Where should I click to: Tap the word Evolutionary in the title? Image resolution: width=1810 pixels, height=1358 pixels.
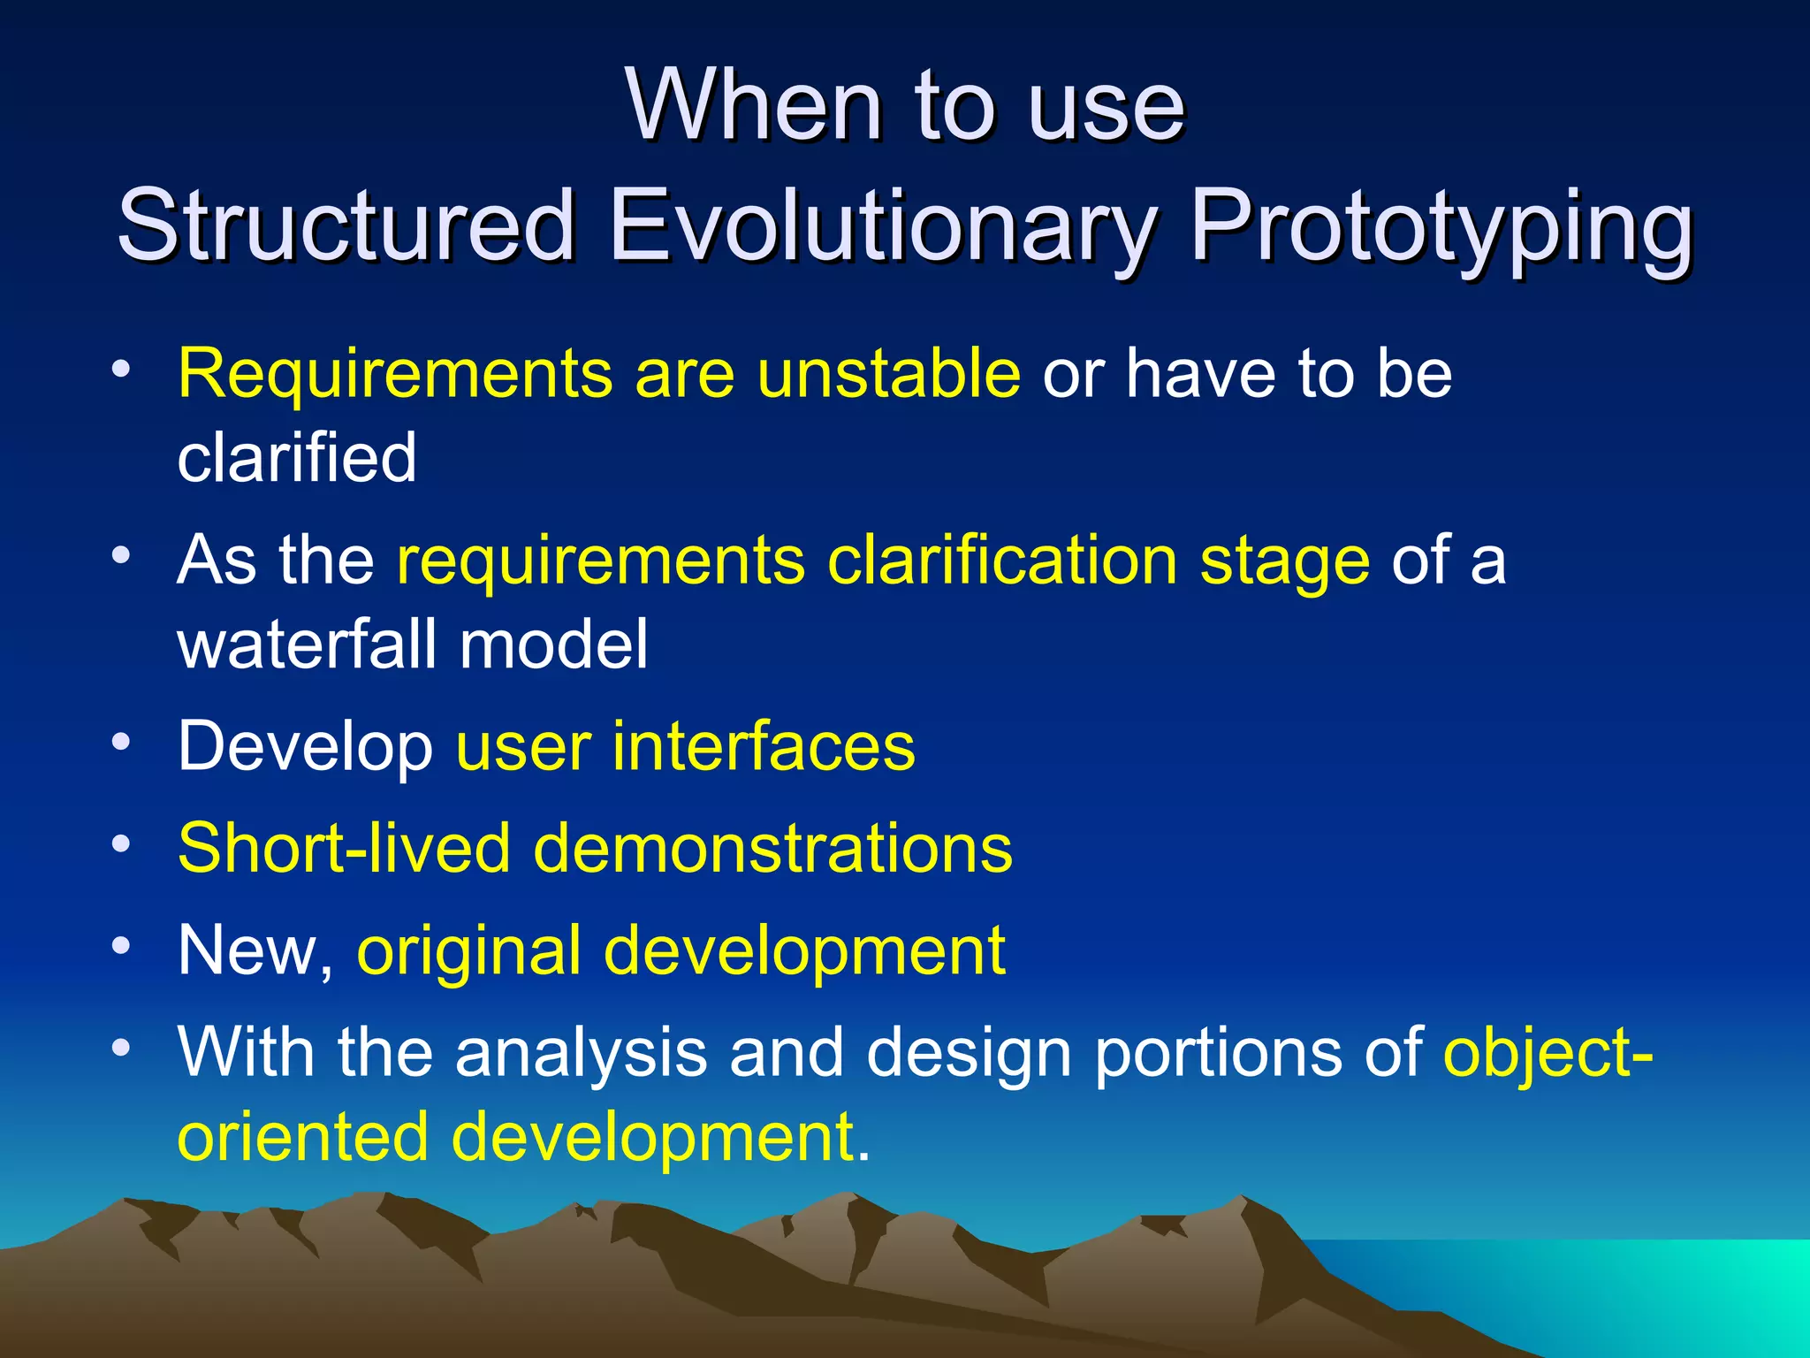(881, 226)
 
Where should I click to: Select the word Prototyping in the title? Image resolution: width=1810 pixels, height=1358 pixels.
(1441, 226)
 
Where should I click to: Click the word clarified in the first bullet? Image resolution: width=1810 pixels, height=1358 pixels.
(297, 457)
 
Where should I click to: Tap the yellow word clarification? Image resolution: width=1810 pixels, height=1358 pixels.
(1001, 561)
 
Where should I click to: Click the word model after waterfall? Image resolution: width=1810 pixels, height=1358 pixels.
(553, 644)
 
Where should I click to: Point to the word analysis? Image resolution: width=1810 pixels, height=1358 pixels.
(581, 1052)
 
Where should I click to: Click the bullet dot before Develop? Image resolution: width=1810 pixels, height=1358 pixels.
(121, 740)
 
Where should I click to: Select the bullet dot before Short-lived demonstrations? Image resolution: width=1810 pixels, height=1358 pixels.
(121, 843)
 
